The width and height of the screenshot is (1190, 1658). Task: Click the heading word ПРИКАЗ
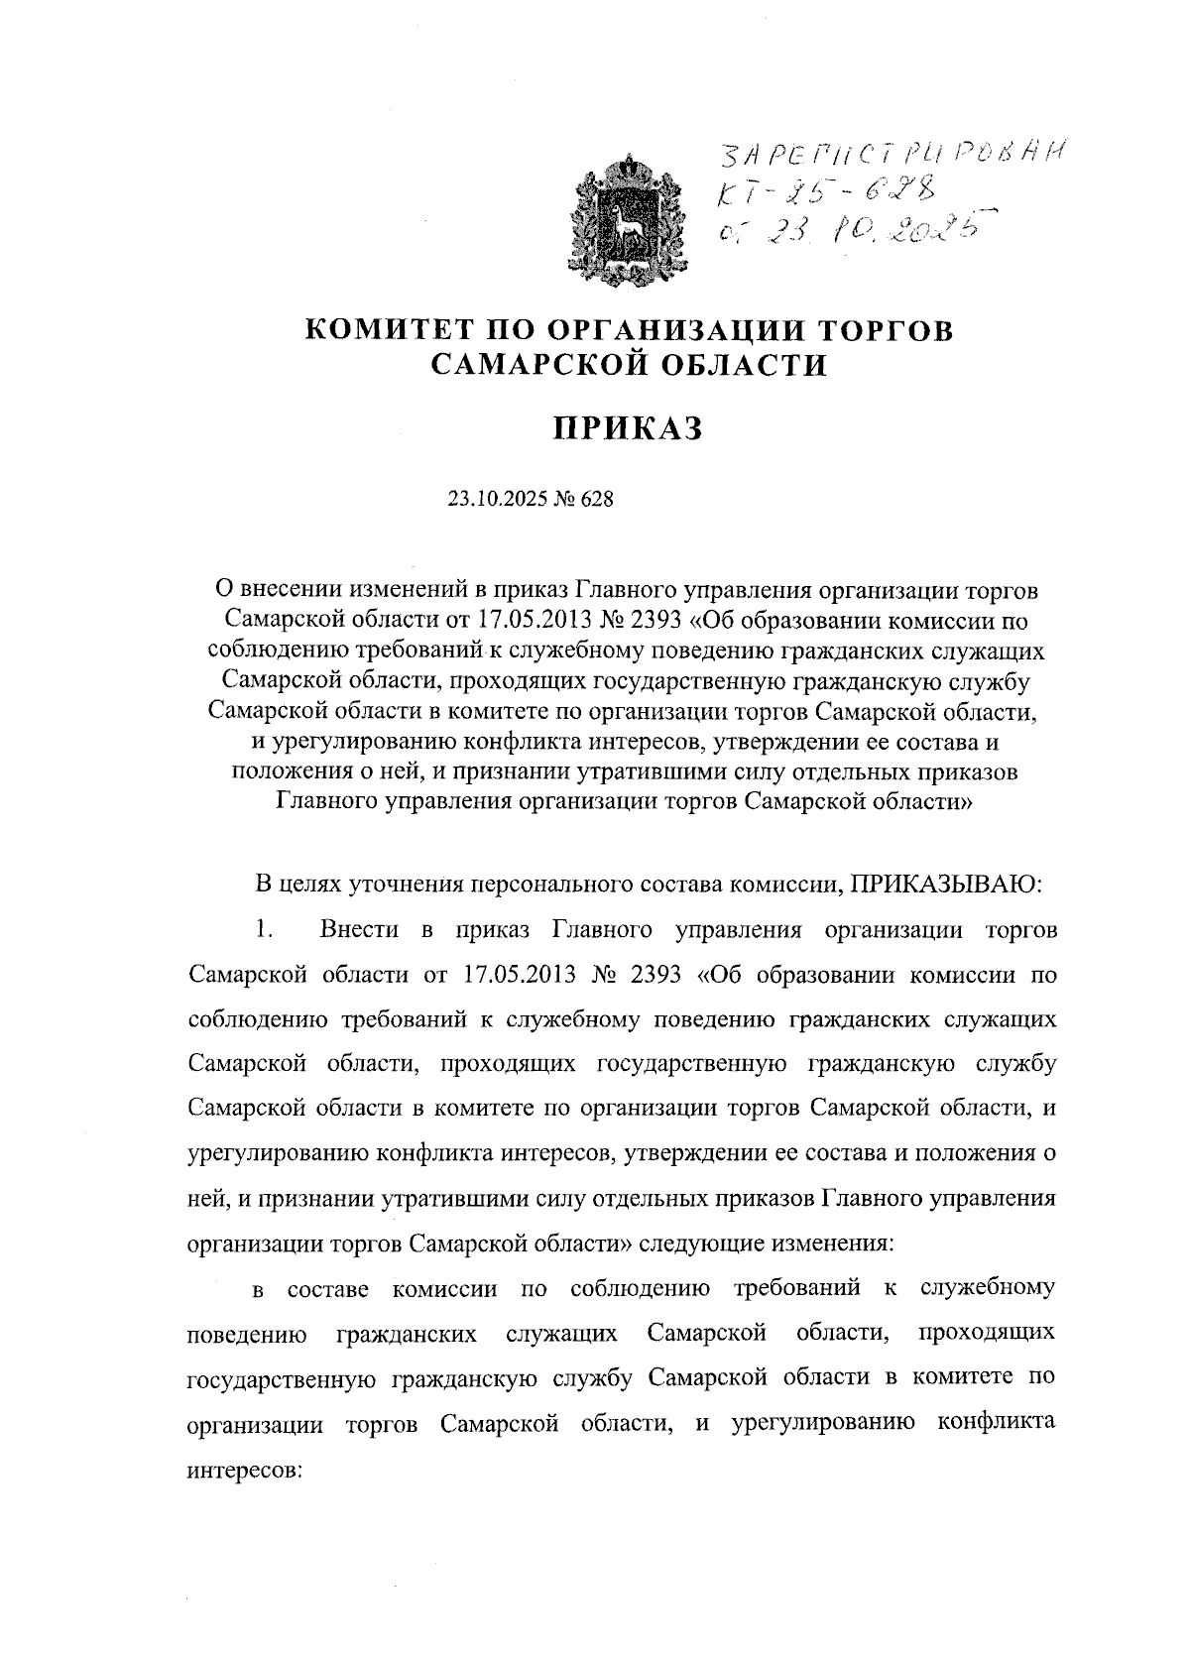coord(627,430)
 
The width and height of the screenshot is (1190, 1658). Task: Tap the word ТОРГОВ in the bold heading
coord(885,328)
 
